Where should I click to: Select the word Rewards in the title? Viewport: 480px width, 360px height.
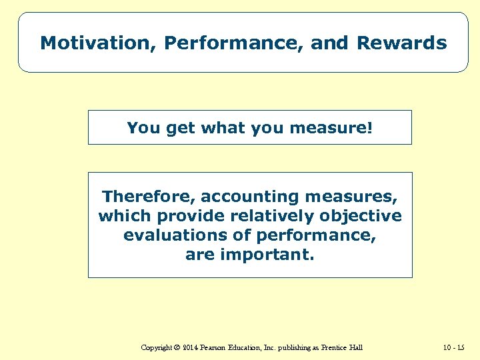tap(401, 43)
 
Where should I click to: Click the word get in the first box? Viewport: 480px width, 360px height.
tap(177, 127)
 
